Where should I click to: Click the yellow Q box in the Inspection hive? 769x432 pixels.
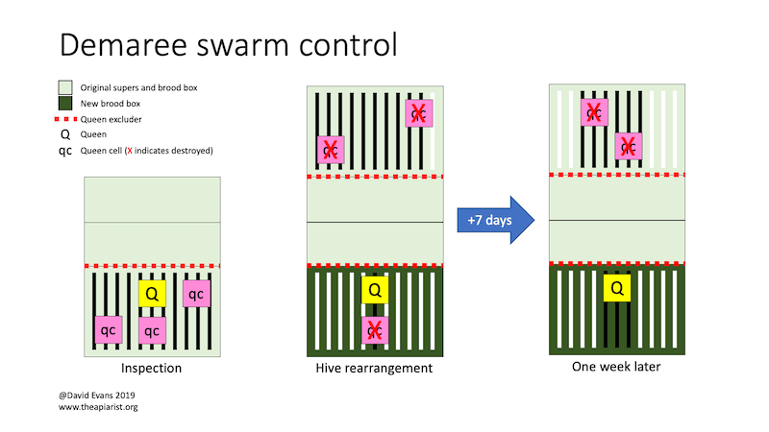click(x=152, y=293)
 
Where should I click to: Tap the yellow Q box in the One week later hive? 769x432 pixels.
click(x=616, y=287)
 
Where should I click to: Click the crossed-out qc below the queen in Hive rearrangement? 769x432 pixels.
click(x=376, y=329)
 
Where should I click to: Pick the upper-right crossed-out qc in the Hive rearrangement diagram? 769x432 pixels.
click(x=419, y=113)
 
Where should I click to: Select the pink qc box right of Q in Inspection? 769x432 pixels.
click(x=195, y=294)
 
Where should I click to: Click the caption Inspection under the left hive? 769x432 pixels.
click(x=151, y=369)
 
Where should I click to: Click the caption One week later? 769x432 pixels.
click(x=616, y=366)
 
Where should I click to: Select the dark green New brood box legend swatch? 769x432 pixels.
click(x=65, y=103)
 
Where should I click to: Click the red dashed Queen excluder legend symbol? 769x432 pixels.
click(x=67, y=119)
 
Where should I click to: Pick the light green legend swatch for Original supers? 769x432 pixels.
click(x=65, y=86)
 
